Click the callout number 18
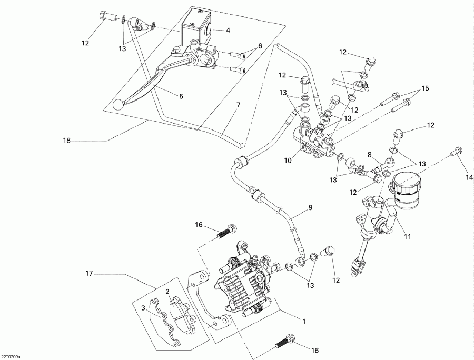[x=67, y=141]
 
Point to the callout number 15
[x=425, y=87]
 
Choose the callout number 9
[x=310, y=207]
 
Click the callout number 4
[x=228, y=30]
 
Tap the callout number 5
[x=181, y=96]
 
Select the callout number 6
[x=260, y=46]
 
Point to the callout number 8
[x=369, y=155]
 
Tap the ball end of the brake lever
[x=117, y=105]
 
